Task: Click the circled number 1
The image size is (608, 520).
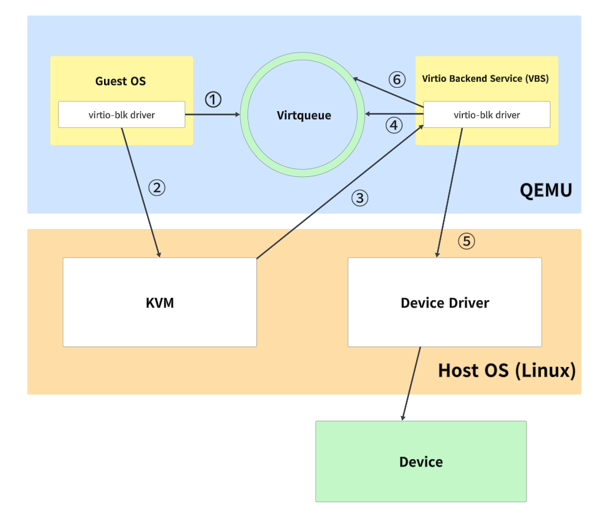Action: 213,99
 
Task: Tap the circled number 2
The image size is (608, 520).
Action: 157,188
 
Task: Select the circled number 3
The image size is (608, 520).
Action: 359,198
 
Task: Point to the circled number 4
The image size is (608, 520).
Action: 393,125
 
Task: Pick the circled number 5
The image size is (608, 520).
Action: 467,241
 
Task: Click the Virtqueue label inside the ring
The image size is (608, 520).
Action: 304,115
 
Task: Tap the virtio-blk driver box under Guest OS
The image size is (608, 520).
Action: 121,115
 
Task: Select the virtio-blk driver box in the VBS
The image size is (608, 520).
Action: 487,115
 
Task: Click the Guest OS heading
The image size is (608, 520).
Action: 121,81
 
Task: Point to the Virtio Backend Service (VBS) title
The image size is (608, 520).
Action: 485,78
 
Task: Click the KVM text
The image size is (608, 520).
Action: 160,302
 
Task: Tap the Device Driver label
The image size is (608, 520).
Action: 445,302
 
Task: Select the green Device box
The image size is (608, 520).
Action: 421,461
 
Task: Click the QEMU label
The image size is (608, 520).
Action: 546,191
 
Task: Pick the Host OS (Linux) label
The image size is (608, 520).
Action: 506,370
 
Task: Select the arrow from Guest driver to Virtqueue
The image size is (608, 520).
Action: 213,114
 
